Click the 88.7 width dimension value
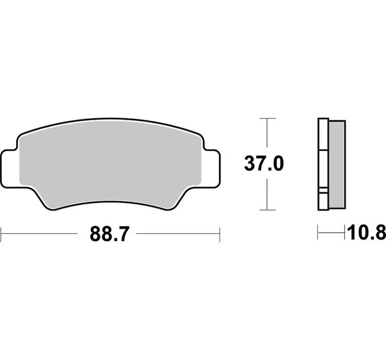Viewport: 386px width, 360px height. pos(109,234)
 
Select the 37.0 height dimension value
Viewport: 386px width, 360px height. pos(264,163)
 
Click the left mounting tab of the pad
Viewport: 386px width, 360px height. pos(10,168)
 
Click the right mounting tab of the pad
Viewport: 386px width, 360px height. pos(211,167)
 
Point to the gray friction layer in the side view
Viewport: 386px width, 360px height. pos(337,165)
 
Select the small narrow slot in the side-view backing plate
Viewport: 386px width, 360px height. pos(323,190)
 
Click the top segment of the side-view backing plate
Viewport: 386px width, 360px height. pos(323,134)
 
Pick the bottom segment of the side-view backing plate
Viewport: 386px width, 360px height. pos(323,201)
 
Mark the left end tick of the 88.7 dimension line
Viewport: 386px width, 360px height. pos(1,235)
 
